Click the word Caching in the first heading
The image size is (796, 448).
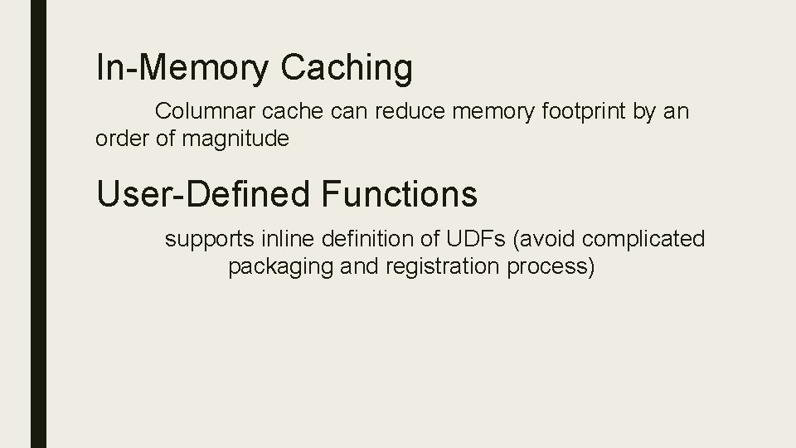[347, 69]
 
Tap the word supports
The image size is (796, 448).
[210, 241]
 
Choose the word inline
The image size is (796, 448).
[284, 240]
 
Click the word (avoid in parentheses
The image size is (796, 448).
[541, 240]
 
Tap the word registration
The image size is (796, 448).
[449, 268]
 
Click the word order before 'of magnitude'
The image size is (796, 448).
[123, 139]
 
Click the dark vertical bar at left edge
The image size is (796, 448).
[38, 224]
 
